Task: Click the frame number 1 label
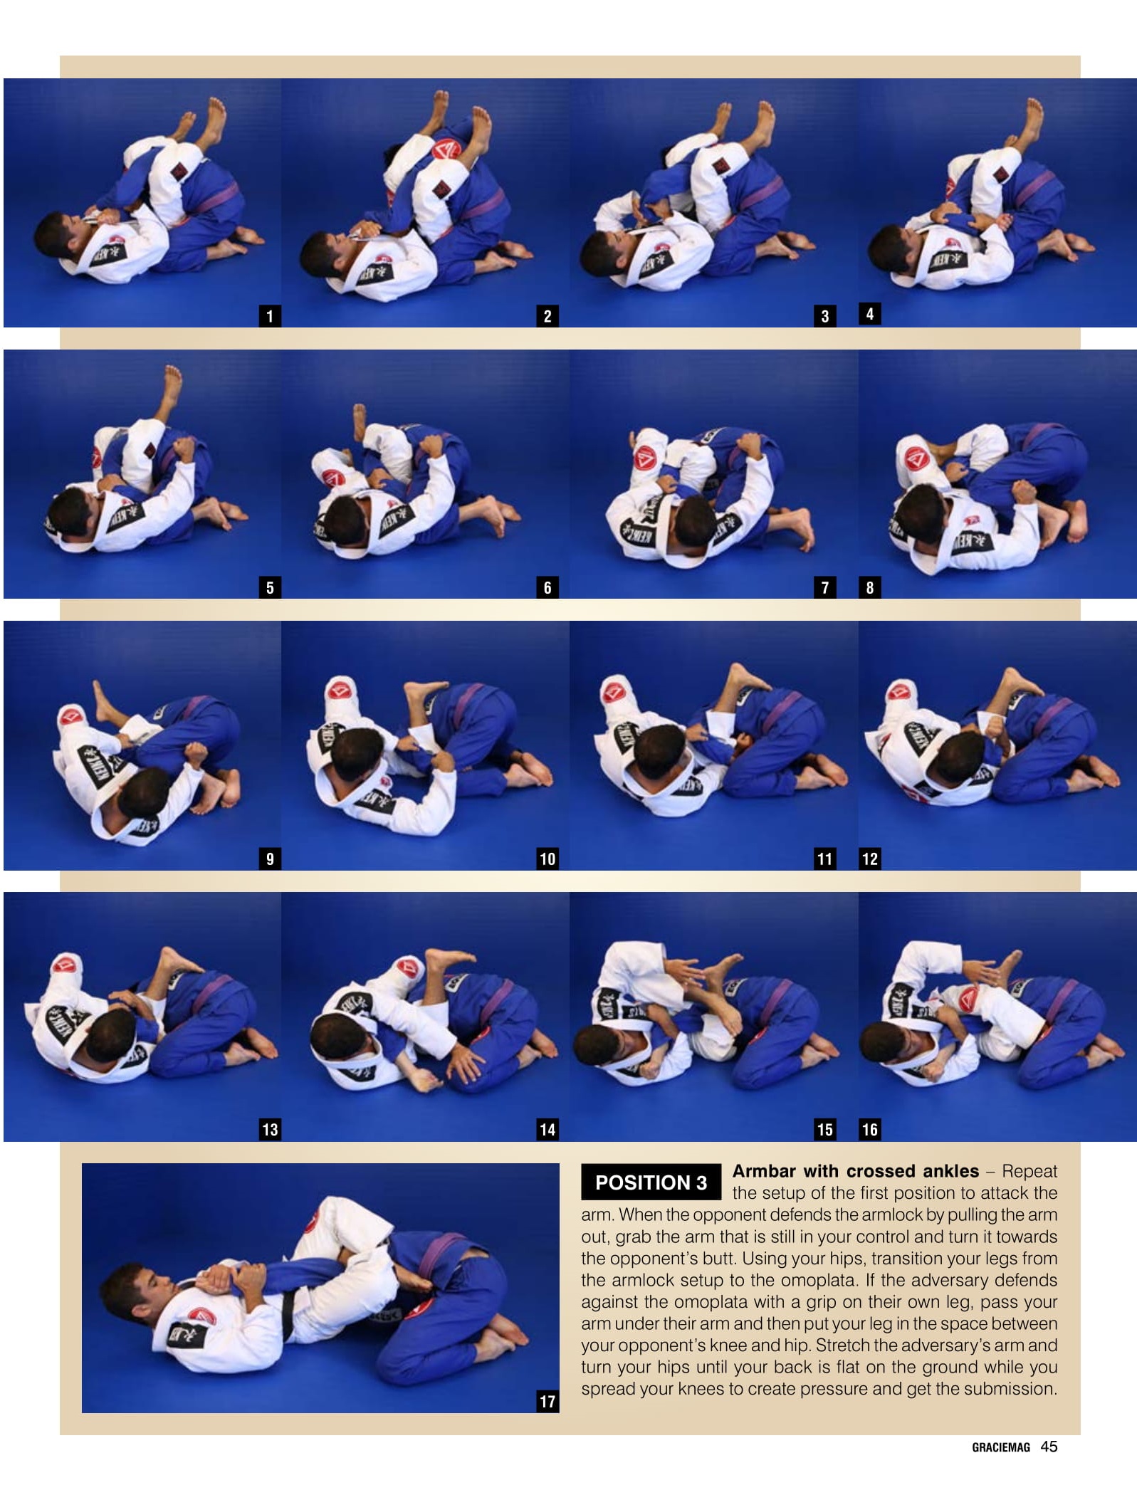[269, 316]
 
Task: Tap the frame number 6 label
[547, 587]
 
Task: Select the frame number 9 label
[269, 859]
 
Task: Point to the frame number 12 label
[869, 859]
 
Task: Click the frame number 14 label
[547, 1130]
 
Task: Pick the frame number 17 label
[547, 1402]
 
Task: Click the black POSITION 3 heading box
[651, 1182]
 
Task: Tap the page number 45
[1049, 1447]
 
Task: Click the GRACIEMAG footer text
[1000, 1447]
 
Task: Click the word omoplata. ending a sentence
[819, 1280]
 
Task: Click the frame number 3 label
[824, 316]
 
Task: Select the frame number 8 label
[869, 587]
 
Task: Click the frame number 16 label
[869, 1130]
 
